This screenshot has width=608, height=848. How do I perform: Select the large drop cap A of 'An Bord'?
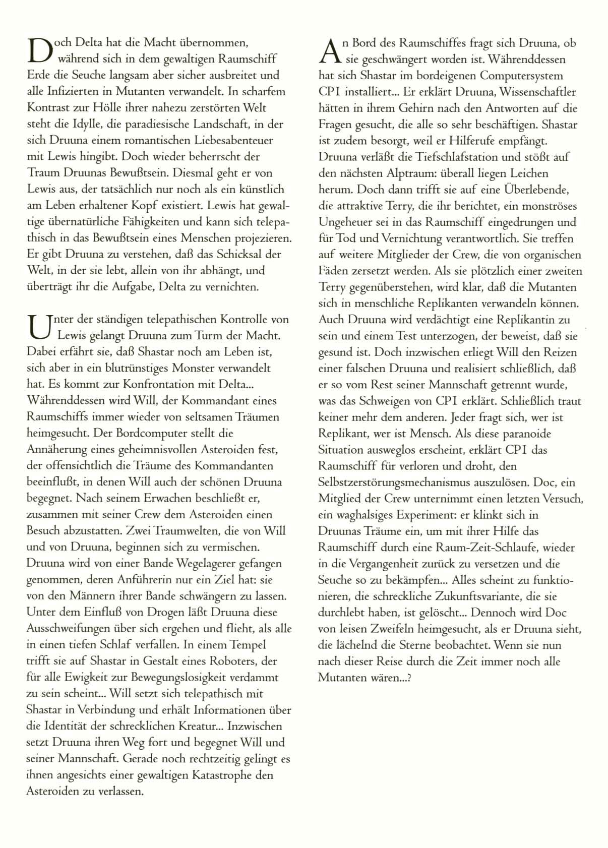click(329, 51)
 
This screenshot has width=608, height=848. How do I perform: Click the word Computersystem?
click(521, 76)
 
